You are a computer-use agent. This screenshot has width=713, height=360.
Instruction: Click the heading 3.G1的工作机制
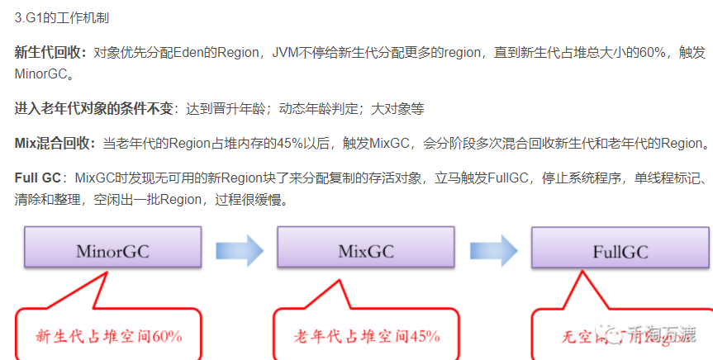[62, 17]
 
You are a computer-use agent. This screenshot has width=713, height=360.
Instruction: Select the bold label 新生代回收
[49, 52]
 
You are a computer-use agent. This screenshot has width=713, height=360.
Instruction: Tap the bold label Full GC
[38, 178]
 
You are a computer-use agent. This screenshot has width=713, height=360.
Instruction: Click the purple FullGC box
[620, 251]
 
